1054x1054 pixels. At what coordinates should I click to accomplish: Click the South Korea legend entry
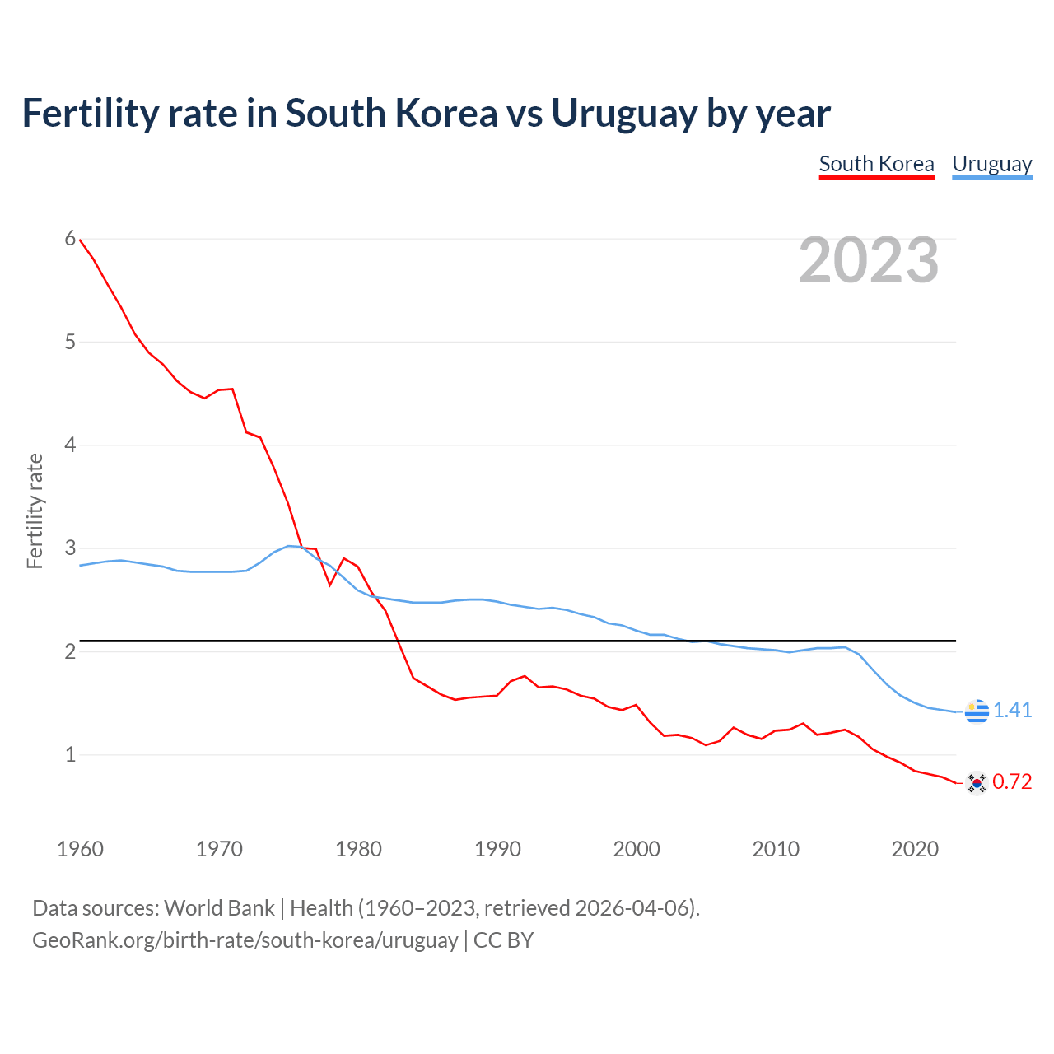click(x=876, y=164)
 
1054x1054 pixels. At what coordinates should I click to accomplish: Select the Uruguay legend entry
click(x=991, y=164)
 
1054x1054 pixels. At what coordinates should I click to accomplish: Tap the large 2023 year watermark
click(x=869, y=260)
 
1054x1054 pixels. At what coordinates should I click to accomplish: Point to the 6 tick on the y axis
click(x=70, y=239)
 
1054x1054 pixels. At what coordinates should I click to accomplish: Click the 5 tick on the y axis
click(x=70, y=342)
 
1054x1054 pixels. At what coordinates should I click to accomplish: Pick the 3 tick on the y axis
click(x=70, y=548)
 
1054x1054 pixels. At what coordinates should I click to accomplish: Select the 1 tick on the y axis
click(x=70, y=754)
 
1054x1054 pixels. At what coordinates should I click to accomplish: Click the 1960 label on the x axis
click(x=80, y=849)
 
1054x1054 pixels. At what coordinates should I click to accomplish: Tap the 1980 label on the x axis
click(x=358, y=849)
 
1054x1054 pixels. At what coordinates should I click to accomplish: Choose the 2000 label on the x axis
click(x=637, y=849)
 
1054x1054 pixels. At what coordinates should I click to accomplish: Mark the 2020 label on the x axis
click(x=915, y=849)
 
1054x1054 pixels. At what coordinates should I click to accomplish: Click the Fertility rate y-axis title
click(x=35, y=511)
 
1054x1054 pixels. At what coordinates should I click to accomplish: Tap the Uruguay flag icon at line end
click(x=977, y=710)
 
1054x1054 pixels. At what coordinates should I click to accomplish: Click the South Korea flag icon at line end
click(x=977, y=782)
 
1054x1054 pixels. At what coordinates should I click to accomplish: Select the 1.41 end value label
click(x=1012, y=710)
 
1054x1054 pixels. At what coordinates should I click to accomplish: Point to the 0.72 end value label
click(x=1012, y=782)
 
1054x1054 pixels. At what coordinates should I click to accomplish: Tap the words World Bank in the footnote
click(x=219, y=908)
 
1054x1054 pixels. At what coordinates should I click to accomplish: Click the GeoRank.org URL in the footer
click(x=245, y=940)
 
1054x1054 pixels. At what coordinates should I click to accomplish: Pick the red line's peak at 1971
click(x=232, y=389)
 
